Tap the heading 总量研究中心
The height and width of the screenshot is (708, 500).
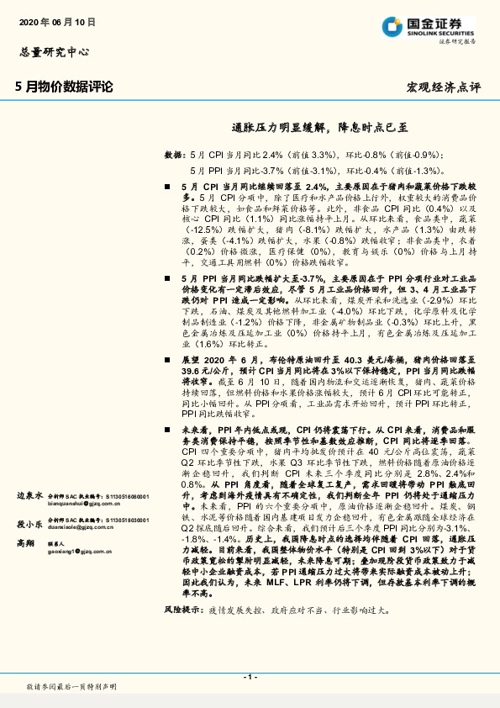(53, 52)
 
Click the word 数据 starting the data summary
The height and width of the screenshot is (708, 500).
(172, 156)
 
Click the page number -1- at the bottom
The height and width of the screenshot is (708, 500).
(249, 676)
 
